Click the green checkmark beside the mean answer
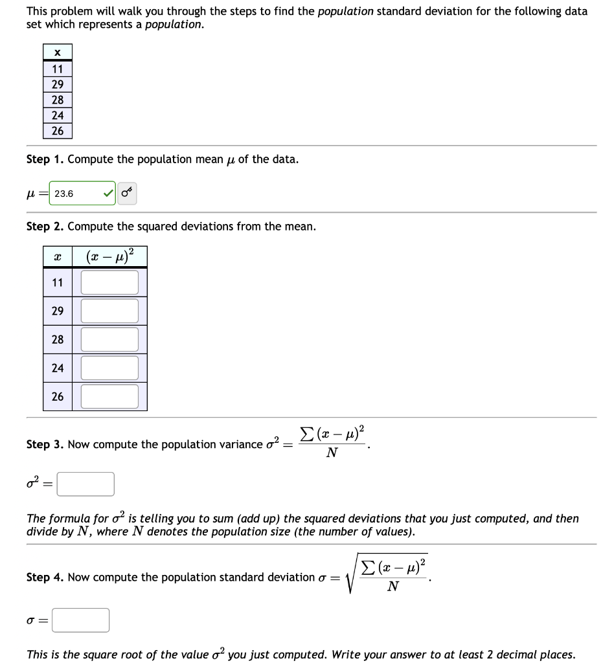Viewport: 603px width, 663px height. coord(107,194)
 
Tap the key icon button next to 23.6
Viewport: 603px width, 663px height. coord(127,193)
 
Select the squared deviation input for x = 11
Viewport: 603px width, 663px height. coord(109,282)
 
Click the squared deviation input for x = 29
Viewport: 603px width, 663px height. coord(109,311)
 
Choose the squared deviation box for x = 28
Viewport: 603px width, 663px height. coord(109,339)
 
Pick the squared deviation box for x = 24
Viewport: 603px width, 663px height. coord(109,368)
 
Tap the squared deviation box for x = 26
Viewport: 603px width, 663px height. coord(109,396)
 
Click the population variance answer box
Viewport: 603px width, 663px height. coord(85,484)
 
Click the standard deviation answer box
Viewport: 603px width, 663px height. coord(80,620)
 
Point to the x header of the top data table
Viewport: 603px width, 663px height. coord(58,52)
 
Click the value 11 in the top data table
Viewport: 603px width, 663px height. coord(58,69)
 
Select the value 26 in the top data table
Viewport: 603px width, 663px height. coord(58,131)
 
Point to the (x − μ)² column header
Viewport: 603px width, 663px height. coord(109,256)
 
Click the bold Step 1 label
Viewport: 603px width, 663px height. coord(45,159)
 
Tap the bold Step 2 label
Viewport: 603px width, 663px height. coord(45,227)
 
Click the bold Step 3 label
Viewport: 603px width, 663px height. coord(45,444)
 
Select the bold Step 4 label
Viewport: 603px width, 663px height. coord(45,577)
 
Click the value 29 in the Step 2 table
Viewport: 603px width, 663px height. coord(58,311)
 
